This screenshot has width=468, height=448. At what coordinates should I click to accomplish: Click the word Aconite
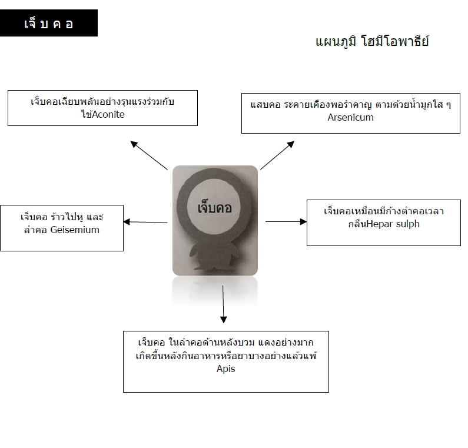pyautogui.click(x=108, y=114)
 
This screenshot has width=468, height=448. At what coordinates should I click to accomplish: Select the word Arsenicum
pyautogui.click(x=350, y=117)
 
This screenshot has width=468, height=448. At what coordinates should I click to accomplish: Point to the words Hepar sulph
pyautogui.click(x=393, y=224)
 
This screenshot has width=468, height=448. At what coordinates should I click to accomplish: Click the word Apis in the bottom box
pyautogui.click(x=225, y=369)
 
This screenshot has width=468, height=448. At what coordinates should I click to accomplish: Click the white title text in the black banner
pyautogui.click(x=49, y=24)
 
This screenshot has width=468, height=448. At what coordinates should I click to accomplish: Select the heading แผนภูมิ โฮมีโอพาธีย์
pyautogui.click(x=372, y=41)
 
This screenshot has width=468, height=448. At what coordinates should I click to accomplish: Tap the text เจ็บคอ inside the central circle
pyautogui.click(x=214, y=207)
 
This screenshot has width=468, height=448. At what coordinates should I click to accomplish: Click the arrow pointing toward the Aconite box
pyautogui.click(x=149, y=155)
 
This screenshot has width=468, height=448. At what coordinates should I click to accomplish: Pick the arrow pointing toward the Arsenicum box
pyautogui.click(x=277, y=155)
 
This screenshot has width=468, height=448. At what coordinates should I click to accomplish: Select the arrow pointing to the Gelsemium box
pyautogui.click(x=145, y=222)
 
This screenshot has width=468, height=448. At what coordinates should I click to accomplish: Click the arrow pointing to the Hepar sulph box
pyautogui.click(x=286, y=221)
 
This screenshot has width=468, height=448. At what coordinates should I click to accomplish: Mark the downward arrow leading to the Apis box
pyautogui.click(x=223, y=304)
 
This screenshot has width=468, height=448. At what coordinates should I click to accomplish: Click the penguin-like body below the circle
pyautogui.click(x=215, y=257)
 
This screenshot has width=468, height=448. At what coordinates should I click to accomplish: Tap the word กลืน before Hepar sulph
pyautogui.click(x=357, y=224)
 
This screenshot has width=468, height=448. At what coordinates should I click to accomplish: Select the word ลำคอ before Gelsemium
pyautogui.click(x=35, y=230)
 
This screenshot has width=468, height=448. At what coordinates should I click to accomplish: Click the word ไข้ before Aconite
pyautogui.click(x=87, y=114)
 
